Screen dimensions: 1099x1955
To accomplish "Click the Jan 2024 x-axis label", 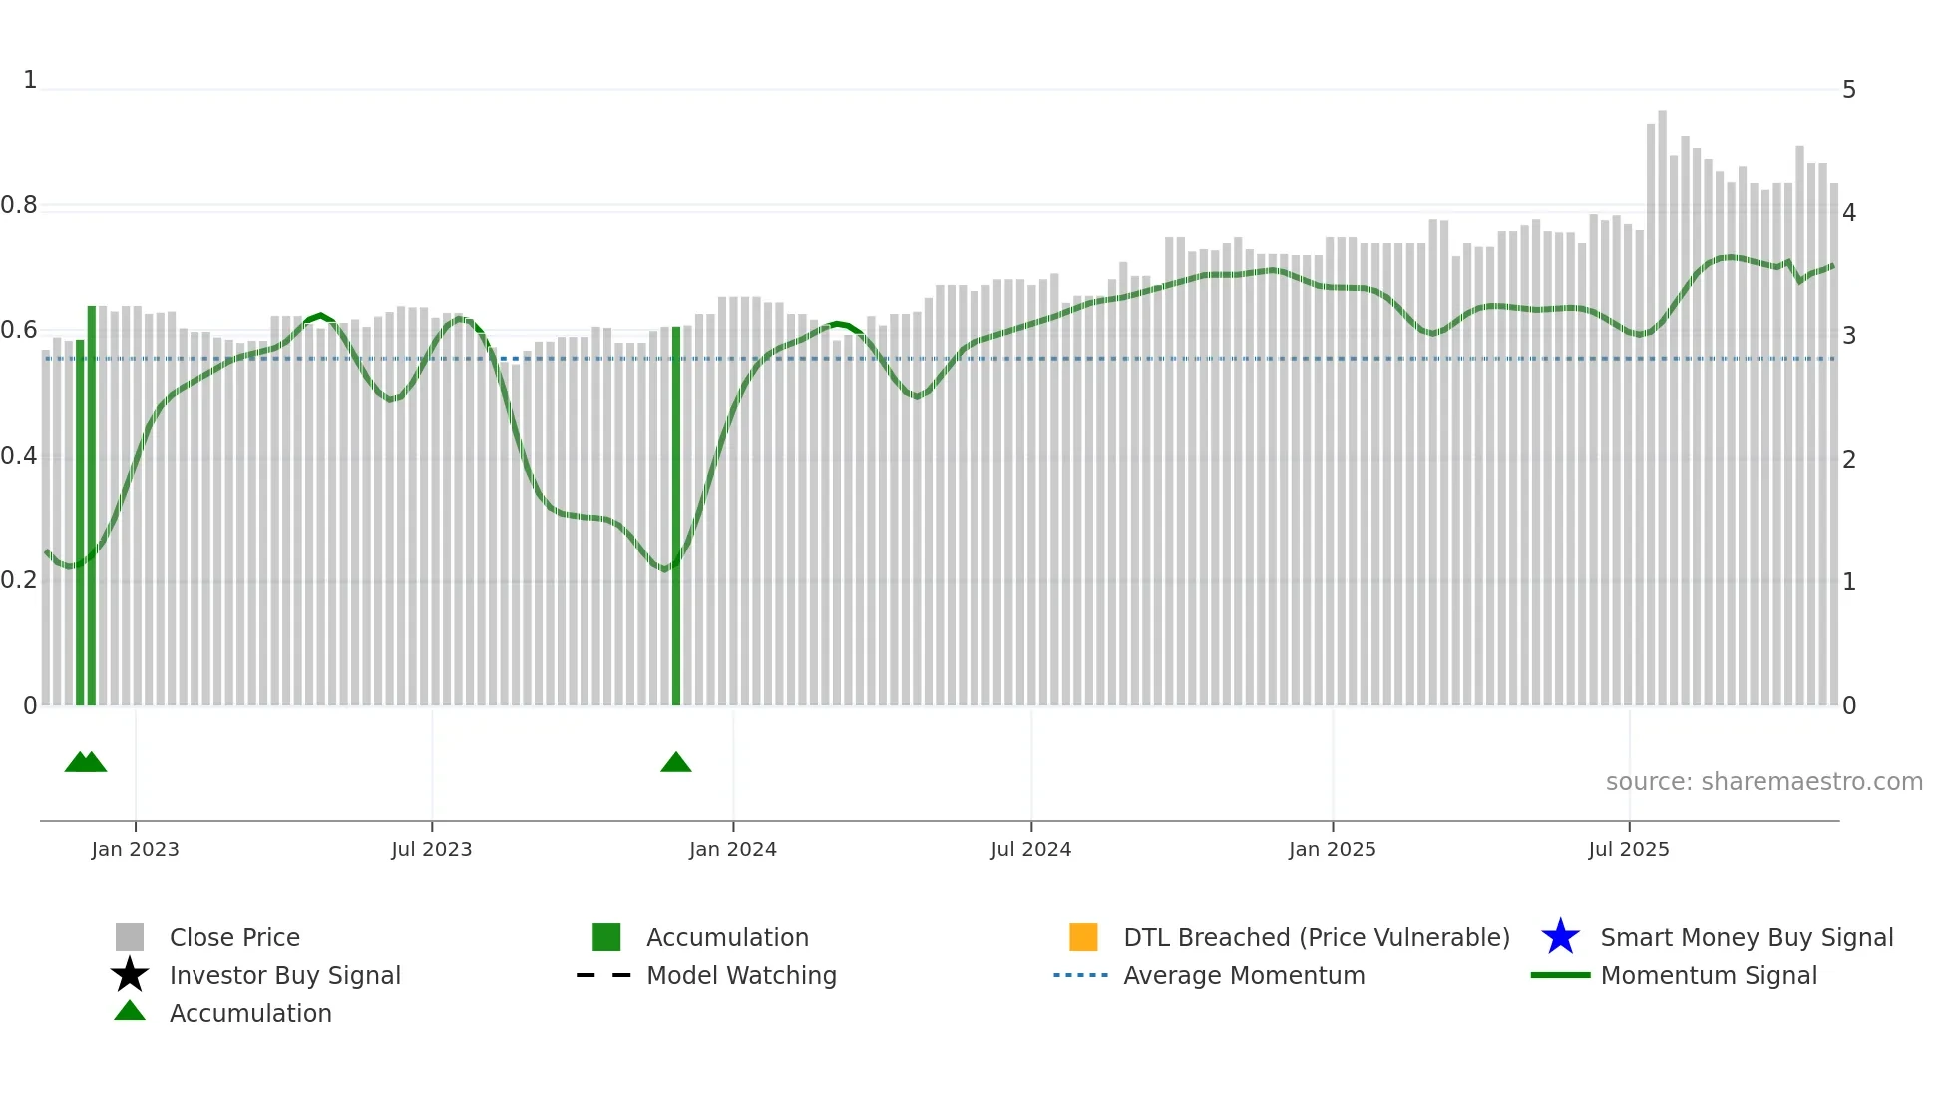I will click(x=732, y=849).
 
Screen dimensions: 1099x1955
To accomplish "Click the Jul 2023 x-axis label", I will click(x=431, y=849).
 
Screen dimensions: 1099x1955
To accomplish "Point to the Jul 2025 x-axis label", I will click(x=1628, y=849).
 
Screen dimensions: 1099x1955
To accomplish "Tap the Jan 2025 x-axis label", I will click(x=1332, y=849).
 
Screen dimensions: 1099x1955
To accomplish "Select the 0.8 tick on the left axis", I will click(x=19, y=205).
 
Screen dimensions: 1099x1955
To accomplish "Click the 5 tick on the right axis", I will click(x=1848, y=90).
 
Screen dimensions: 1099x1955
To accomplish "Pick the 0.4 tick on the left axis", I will click(x=19, y=456).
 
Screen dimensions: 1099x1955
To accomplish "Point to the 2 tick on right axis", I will click(x=1848, y=460).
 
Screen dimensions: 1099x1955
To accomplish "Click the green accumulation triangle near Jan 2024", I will click(x=676, y=763).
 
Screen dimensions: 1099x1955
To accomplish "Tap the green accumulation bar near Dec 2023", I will click(x=676, y=519).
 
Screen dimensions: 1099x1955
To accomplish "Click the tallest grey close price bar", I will click(x=1662, y=399).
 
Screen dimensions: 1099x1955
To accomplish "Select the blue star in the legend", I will click(x=1560, y=937).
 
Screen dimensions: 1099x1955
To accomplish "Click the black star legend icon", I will click(x=130, y=975).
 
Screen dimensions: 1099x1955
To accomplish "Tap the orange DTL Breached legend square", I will click(x=1083, y=937).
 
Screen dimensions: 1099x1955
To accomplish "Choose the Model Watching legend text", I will click(x=741, y=975).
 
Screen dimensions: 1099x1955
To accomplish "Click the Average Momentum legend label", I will click(x=1244, y=975).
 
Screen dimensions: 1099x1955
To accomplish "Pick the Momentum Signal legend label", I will click(x=1709, y=975).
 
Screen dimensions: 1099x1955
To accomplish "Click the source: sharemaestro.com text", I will click(x=1763, y=782).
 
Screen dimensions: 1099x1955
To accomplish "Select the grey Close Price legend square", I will click(x=130, y=937).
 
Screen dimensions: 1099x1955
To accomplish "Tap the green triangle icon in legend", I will click(x=130, y=1011).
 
